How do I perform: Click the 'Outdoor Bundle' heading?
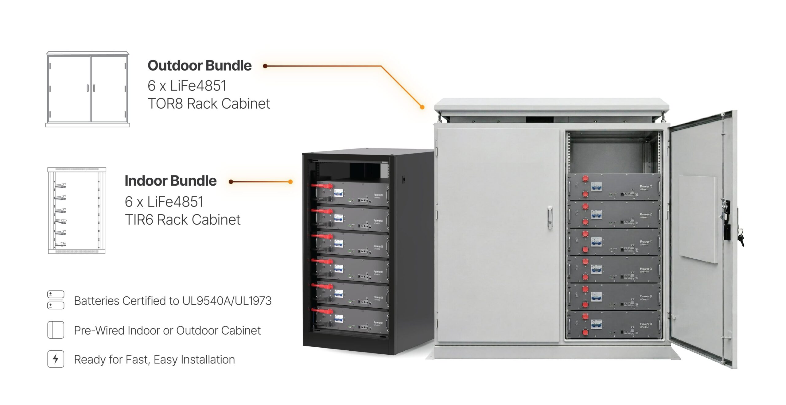(x=200, y=66)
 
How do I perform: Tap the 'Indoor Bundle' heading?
(x=170, y=181)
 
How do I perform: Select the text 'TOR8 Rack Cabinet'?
(x=209, y=104)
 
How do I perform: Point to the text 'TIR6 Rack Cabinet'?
(x=183, y=220)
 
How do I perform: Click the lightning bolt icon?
(x=56, y=359)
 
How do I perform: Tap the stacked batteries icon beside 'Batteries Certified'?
(x=56, y=300)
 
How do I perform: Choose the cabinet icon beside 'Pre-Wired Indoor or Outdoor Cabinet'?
(x=56, y=330)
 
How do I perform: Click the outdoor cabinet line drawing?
(x=88, y=89)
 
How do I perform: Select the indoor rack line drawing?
(x=77, y=210)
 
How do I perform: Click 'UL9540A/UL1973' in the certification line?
(x=227, y=301)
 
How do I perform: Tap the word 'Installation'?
(x=208, y=360)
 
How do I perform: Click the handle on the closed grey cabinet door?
(x=550, y=218)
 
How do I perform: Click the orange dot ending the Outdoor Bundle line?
(x=422, y=107)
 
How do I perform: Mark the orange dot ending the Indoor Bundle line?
(x=290, y=182)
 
